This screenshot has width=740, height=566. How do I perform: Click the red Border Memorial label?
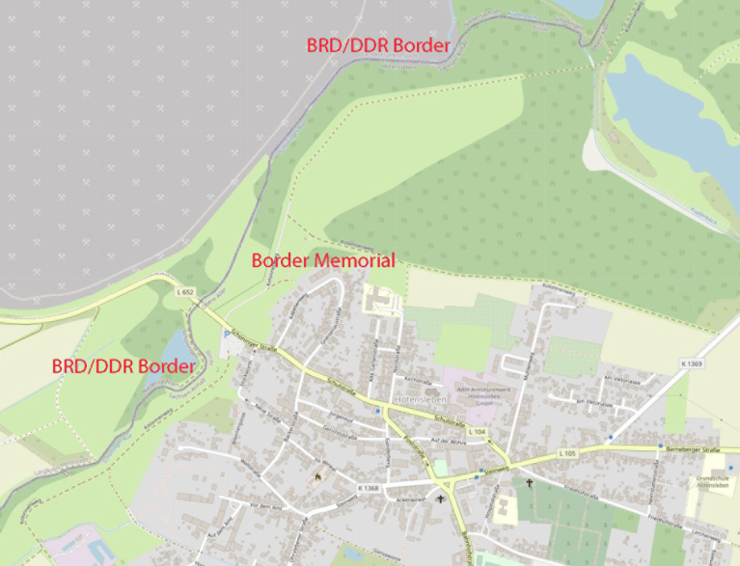tap(323, 260)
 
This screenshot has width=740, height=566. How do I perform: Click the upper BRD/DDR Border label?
tap(378, 45)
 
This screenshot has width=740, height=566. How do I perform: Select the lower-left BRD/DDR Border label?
tap(123, 366)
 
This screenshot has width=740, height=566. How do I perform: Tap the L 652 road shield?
tap(186, 291)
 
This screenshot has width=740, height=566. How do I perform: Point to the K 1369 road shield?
tap(690, 364)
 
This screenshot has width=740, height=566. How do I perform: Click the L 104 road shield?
tap(477, 432)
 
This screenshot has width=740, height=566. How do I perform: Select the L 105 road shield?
tap(566, 453)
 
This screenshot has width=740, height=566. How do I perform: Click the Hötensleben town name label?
tap(419, 398)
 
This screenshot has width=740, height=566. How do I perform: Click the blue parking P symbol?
tap(227, 335)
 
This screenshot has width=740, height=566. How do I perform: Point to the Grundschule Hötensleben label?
tap(712, 481)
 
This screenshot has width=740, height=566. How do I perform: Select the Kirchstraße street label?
tap(417, 367)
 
